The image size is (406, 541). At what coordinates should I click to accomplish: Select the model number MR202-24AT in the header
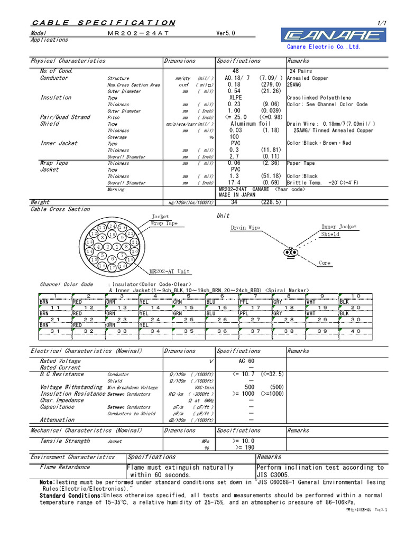[131, 33]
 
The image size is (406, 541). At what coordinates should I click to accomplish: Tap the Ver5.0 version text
[226, 33]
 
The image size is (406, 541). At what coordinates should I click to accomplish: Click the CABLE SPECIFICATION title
[104, 23]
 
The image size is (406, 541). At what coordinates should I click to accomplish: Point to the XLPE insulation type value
[236, 98]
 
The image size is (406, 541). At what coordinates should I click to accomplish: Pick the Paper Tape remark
[301, 163]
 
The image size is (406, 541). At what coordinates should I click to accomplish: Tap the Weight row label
[40, 202]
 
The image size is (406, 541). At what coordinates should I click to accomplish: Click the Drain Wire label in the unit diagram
[245, 228]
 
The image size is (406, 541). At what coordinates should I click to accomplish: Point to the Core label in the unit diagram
[325, 263]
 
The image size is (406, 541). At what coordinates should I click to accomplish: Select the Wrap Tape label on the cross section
[164, 223]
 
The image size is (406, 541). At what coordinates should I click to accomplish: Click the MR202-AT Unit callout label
[169, 272]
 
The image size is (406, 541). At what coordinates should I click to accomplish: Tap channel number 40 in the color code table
[356, 331]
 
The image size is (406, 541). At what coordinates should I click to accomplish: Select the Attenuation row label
[57, 420]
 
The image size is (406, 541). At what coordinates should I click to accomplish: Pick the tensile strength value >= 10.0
[243, 441]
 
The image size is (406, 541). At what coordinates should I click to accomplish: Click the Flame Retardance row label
[65, 467]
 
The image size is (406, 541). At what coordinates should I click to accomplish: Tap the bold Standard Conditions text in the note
[71, 496]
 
